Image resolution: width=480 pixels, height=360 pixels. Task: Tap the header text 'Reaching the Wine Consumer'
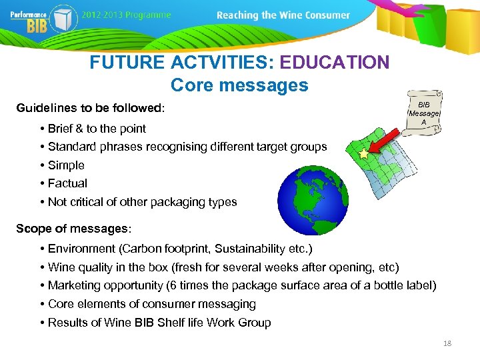283,15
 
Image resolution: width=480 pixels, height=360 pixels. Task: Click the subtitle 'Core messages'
239,85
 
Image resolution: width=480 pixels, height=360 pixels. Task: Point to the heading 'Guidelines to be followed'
89,108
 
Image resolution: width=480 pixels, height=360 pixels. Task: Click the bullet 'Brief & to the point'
97,129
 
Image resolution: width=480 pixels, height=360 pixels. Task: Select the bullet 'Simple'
66,165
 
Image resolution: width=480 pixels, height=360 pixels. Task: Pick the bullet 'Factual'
67,183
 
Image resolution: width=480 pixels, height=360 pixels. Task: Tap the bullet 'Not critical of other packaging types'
142,202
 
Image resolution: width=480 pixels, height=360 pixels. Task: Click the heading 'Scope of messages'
73,229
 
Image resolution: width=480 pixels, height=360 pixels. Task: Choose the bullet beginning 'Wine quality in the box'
223,267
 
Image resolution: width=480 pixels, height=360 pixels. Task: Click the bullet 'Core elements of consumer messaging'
152,304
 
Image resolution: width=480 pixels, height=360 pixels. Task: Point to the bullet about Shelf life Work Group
159,323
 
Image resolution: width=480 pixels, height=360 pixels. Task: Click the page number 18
447,343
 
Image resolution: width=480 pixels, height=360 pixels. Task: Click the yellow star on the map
363,154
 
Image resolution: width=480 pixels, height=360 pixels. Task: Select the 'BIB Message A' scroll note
424,113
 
